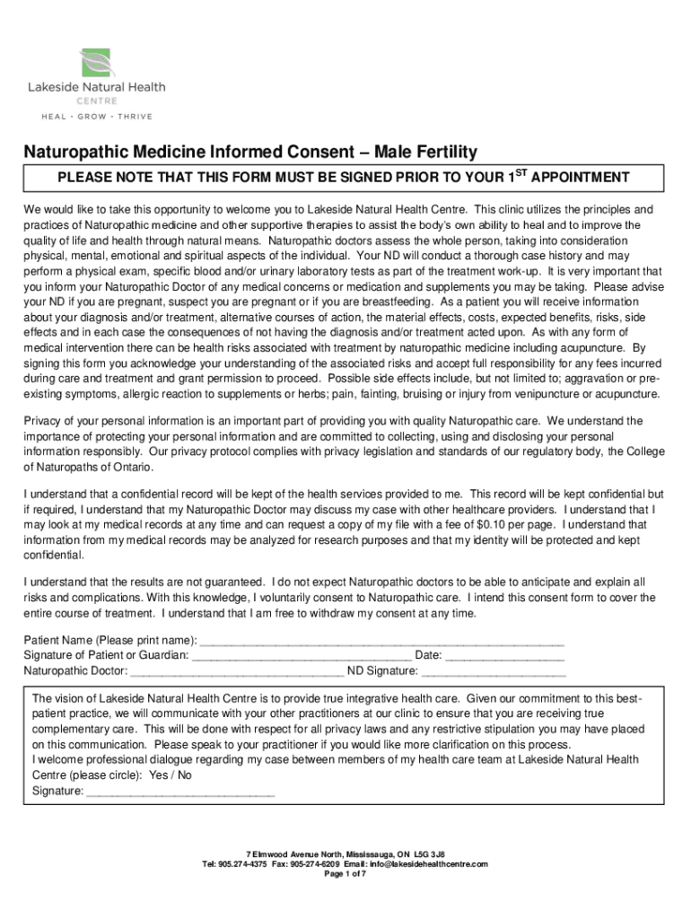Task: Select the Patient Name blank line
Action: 380,641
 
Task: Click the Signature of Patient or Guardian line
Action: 302,655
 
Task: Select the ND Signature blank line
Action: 494,670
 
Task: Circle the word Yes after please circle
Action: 159,775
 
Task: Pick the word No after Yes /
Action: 185,775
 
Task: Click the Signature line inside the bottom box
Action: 180,792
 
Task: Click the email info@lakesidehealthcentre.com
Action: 433,863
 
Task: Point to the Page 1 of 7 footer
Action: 345,874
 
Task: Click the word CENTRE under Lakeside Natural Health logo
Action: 95,101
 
